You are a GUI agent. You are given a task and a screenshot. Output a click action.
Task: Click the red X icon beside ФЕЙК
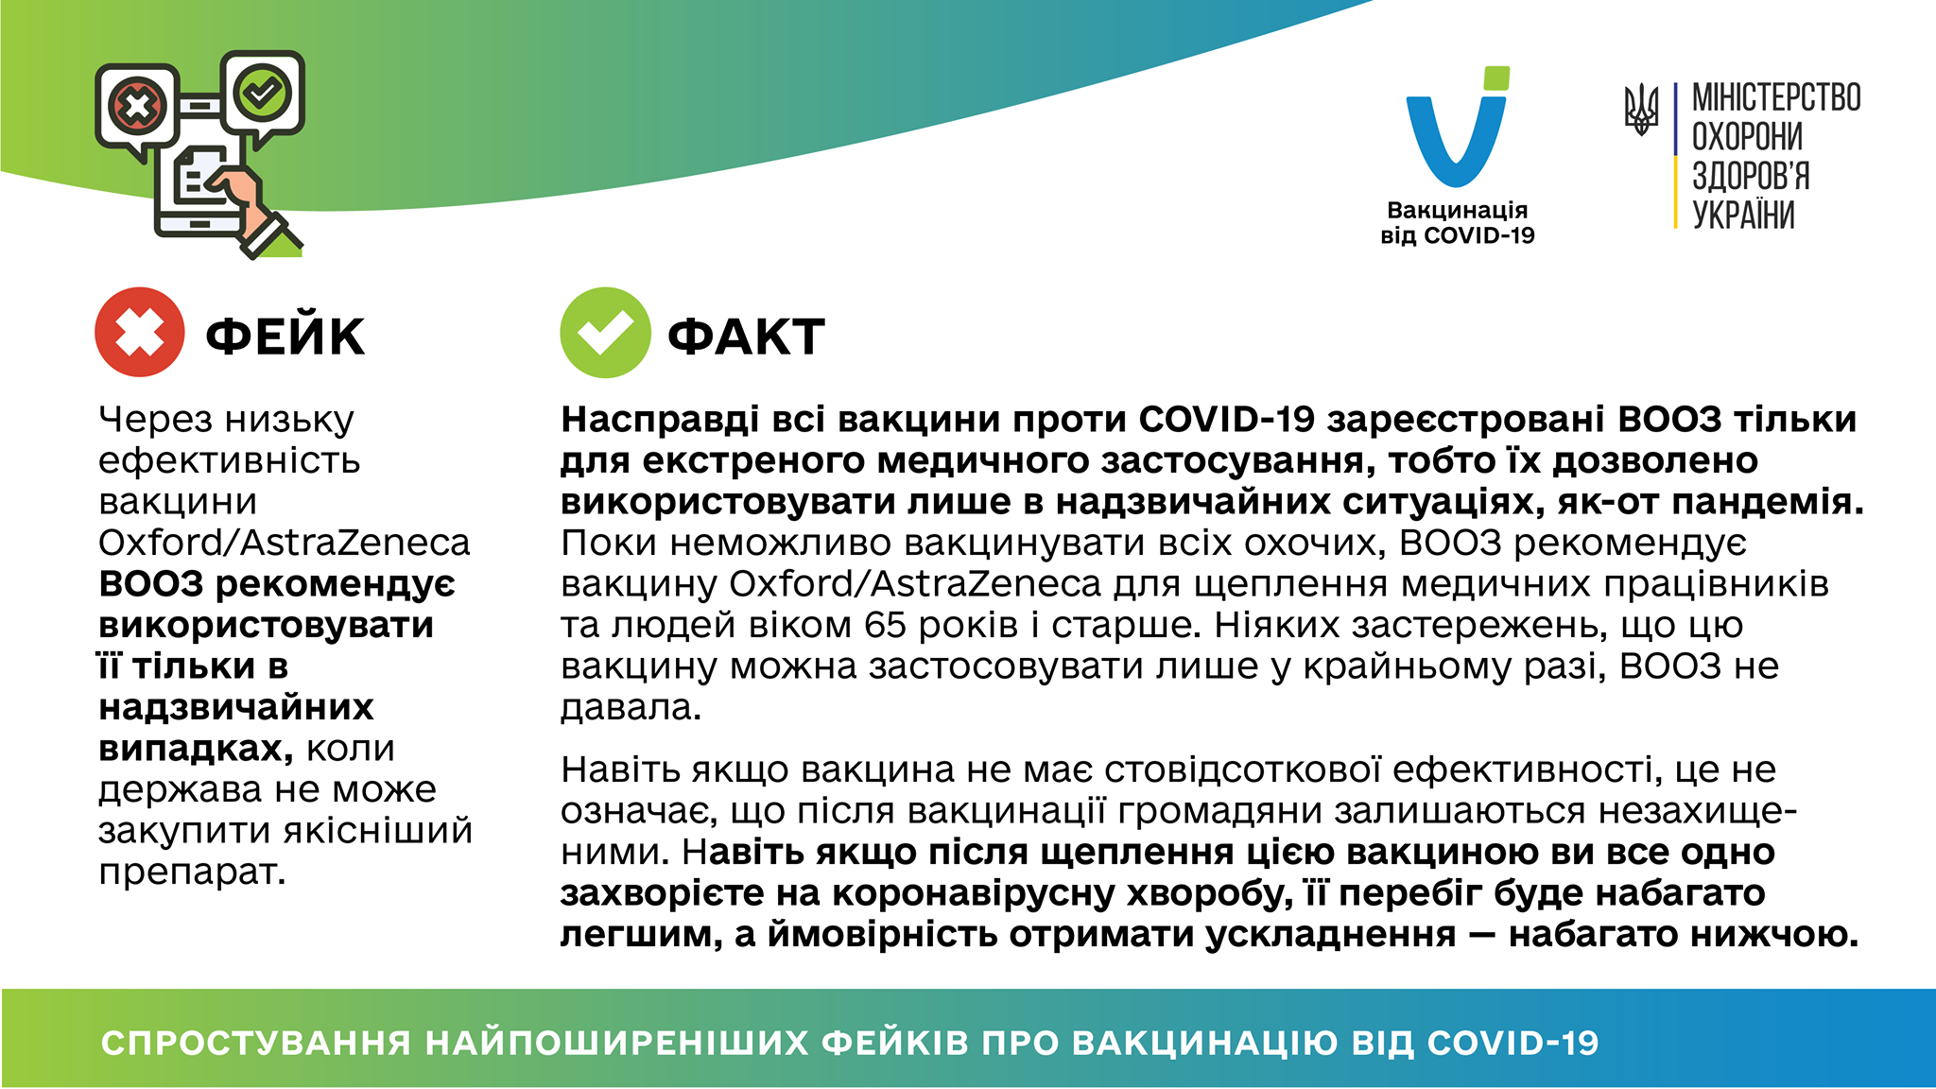point(140,333)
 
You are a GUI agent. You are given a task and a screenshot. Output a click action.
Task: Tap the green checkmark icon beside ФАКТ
point(605,333)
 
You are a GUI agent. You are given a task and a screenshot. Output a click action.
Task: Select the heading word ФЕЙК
point(285,336)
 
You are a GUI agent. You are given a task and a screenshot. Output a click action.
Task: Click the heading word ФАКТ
point(747,337)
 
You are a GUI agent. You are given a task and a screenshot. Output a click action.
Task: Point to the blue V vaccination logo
point(1457,128)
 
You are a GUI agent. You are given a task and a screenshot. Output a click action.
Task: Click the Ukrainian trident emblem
point(1642,109)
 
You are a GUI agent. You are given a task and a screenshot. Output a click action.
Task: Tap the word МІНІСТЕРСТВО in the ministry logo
point(1776,97)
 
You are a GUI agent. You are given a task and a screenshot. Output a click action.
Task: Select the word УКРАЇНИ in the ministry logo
point(1743,214)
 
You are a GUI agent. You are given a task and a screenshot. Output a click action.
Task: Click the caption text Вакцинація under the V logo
point(1457,210)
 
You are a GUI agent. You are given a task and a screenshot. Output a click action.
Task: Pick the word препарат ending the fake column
point(192,873)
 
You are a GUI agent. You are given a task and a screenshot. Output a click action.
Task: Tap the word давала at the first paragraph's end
point(631,707)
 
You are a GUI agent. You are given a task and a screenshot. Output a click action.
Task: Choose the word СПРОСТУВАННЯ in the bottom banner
point(256,1043)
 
